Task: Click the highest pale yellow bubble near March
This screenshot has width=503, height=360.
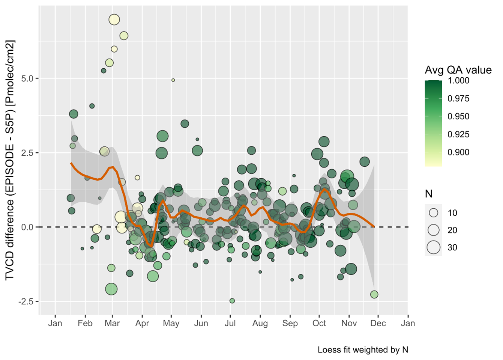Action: tap(114, 20)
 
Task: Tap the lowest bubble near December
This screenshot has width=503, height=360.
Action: tap(374, 294)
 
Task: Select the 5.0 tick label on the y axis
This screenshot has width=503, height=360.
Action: tap(27, 79)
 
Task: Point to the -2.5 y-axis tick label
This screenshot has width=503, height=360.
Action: tap(26, 301)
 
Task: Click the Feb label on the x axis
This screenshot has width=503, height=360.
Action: tap(85, 323)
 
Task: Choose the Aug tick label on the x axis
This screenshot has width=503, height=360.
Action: tap(260, 324)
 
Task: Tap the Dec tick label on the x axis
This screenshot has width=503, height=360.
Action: tap(378, 323)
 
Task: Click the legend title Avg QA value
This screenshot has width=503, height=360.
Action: tap(458, 70)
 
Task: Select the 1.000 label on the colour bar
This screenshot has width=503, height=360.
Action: tap(458, 80)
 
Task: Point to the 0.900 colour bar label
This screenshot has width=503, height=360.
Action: tap(458, 152)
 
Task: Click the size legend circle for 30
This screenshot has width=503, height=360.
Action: tap(433, 247)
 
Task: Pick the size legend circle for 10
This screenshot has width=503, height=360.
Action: tap(433, 212)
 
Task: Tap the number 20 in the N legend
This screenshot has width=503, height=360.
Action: tap(452, 230)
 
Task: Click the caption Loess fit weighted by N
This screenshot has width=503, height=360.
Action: tap(363, 349)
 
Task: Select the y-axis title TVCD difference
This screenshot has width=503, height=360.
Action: tap(10, 160)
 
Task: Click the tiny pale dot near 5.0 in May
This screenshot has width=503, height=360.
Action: tap(173, 80)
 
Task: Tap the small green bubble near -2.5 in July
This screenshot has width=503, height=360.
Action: tap(232, 301)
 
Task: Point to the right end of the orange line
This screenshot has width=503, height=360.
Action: tap(374, 226)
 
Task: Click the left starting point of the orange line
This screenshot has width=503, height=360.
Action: tap(71, 163)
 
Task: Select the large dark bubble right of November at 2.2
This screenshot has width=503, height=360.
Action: tap(365, 161)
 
